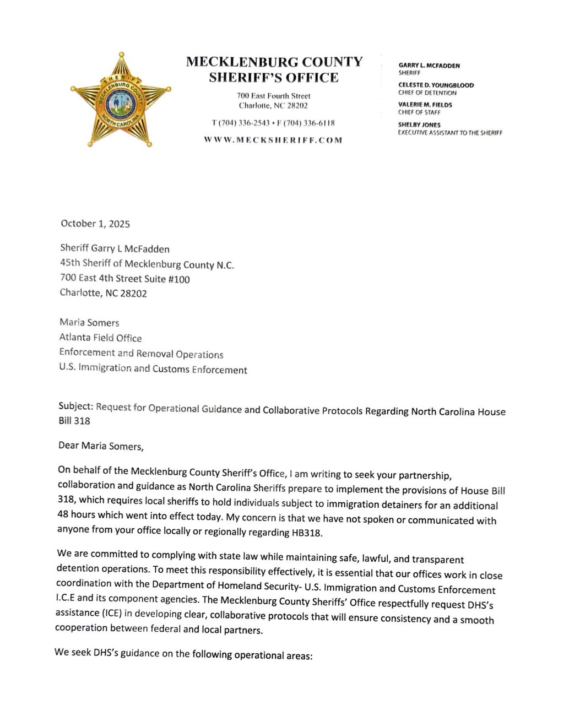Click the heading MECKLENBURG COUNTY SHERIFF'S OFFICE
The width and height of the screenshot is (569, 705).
pos(274,69)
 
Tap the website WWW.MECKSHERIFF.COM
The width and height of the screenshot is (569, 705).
pos(273,140)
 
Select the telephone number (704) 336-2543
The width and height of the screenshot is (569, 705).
pos(241,122)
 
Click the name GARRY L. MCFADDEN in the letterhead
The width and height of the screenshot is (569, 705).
pos(429,66)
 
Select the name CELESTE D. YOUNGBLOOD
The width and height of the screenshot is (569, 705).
pos(436,85)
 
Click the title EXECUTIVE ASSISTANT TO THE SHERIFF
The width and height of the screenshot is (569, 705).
pos(450,132)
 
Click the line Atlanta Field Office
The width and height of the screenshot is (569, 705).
pos(100,338)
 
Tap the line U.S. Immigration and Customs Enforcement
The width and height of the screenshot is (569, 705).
pos(153,369)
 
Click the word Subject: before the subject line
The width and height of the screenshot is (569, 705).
pos(75,406)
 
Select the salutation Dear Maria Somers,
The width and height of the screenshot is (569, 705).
pos(101,446)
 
